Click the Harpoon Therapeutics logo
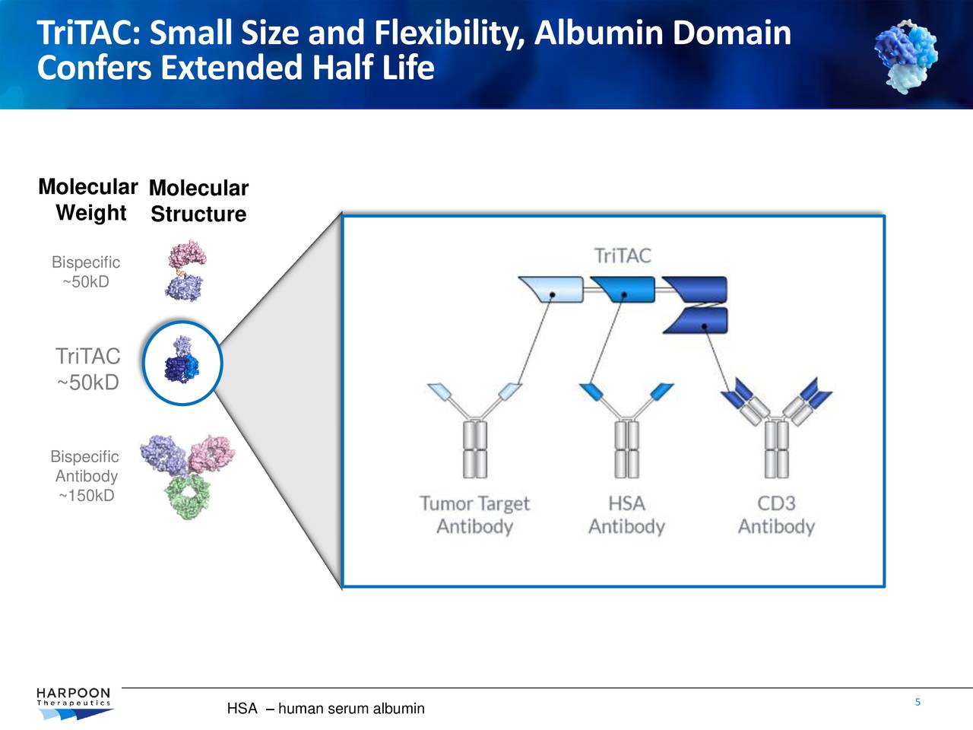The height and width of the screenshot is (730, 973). pyautogui.click(x=74, y=703)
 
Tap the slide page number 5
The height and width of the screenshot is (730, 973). pyautogui.click(x=918, y=702)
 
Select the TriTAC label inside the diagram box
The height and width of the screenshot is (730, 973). pyautogui.click(x=623, y=255)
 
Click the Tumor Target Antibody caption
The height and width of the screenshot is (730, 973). pyautogui.click(x=474, y=515)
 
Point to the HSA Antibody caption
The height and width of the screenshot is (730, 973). pyautogui.click(x=626, y=515)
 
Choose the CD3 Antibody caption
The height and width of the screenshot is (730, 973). pyautogui.click(x=776, y=515)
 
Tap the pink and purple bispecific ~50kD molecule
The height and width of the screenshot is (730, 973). pyautogui.click(x=186, y=270)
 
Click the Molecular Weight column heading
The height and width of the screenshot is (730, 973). pyautogui.click(x=88, y=200)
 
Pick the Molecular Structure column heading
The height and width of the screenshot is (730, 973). pyautogui.click(x=198, y=202)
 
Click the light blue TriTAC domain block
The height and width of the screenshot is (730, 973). pyautogui.click(x=551, y=290)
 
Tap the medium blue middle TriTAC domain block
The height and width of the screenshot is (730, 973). pyautogui.click(x=623, y=290)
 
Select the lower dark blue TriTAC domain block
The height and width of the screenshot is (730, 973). pyautogui.click(x=697, y=321)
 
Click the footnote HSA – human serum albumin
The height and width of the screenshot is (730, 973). pyautogui.click(x=325, y=709)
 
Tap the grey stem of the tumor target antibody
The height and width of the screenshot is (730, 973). pyautogui.click(x=474, y=449)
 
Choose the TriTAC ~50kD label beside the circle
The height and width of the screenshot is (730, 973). pyautogui.click(x=88, y=369)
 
